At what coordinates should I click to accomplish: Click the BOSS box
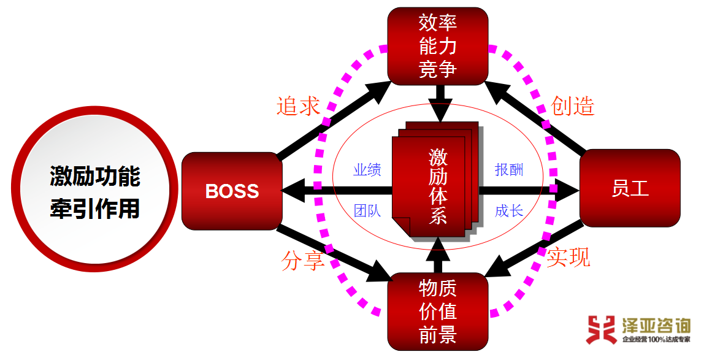pos(232,191)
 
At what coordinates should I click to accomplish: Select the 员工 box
pos(629,188)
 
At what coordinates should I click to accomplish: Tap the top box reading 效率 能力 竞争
pos(437,47)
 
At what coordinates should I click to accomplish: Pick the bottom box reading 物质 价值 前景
pos(437,312)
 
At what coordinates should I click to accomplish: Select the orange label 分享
pos(302,261)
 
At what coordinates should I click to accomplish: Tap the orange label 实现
pos(569,258)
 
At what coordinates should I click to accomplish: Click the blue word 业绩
pos(367,170)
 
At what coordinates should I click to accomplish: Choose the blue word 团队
pos(367,211)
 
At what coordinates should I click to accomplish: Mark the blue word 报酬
pos(509,170)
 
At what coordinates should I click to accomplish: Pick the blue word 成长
pos(509,211)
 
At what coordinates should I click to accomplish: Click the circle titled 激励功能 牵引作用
pos(95,191)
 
